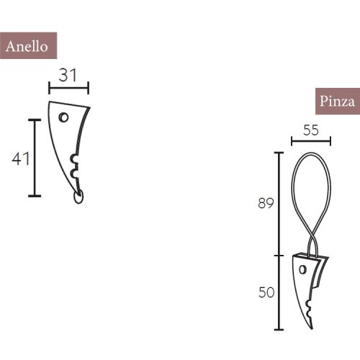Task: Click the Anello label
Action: pos(27,46)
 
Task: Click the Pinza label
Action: pos(336,102)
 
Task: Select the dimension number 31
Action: pos(68,74)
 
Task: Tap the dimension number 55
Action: pos(310,130)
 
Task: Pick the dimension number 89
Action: pos(266,204)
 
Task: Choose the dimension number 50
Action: pos(266,292)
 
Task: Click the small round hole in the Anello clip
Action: pos(63,117)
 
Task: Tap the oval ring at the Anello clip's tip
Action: pos(78,196)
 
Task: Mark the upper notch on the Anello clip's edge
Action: pos(73,159)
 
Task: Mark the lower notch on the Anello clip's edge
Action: pos(73,174)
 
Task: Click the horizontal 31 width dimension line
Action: pos(68,88)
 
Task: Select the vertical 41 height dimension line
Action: pos(34,157)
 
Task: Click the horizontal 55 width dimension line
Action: pos(310,142)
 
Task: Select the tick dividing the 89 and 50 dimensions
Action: pos(278,255)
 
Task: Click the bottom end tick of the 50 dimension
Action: pos(278,328)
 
